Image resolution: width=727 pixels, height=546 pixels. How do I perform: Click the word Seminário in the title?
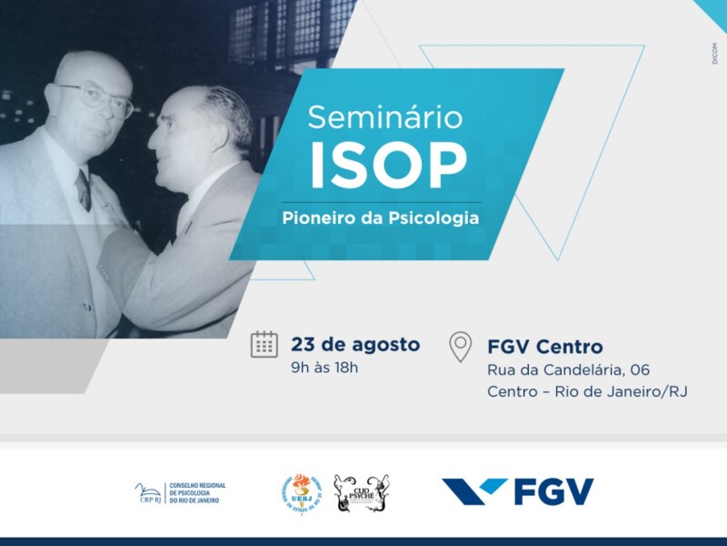point(384,117)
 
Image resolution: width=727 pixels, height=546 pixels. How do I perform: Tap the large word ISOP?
point(388,167)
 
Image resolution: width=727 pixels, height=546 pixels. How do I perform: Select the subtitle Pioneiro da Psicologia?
point(379,219)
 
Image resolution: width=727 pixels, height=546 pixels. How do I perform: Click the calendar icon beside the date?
point(264,345)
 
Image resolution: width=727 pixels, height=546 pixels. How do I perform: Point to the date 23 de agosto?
point(355,345)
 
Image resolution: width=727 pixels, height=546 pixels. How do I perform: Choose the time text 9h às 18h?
point(324,368)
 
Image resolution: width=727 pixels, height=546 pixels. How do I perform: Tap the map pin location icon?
point(461,347)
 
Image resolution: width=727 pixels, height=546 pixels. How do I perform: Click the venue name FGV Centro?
point(544,347)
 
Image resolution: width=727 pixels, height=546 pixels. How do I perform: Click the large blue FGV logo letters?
point(553,491)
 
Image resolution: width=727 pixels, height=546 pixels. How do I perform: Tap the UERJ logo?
point(301,492)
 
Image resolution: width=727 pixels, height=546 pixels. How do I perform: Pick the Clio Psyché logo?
point(361,492)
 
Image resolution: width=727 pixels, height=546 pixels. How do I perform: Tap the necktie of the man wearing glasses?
point(84,189)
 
